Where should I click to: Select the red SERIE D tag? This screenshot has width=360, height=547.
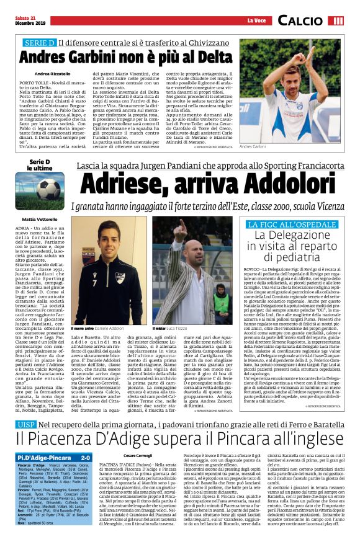tap(39, 43)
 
